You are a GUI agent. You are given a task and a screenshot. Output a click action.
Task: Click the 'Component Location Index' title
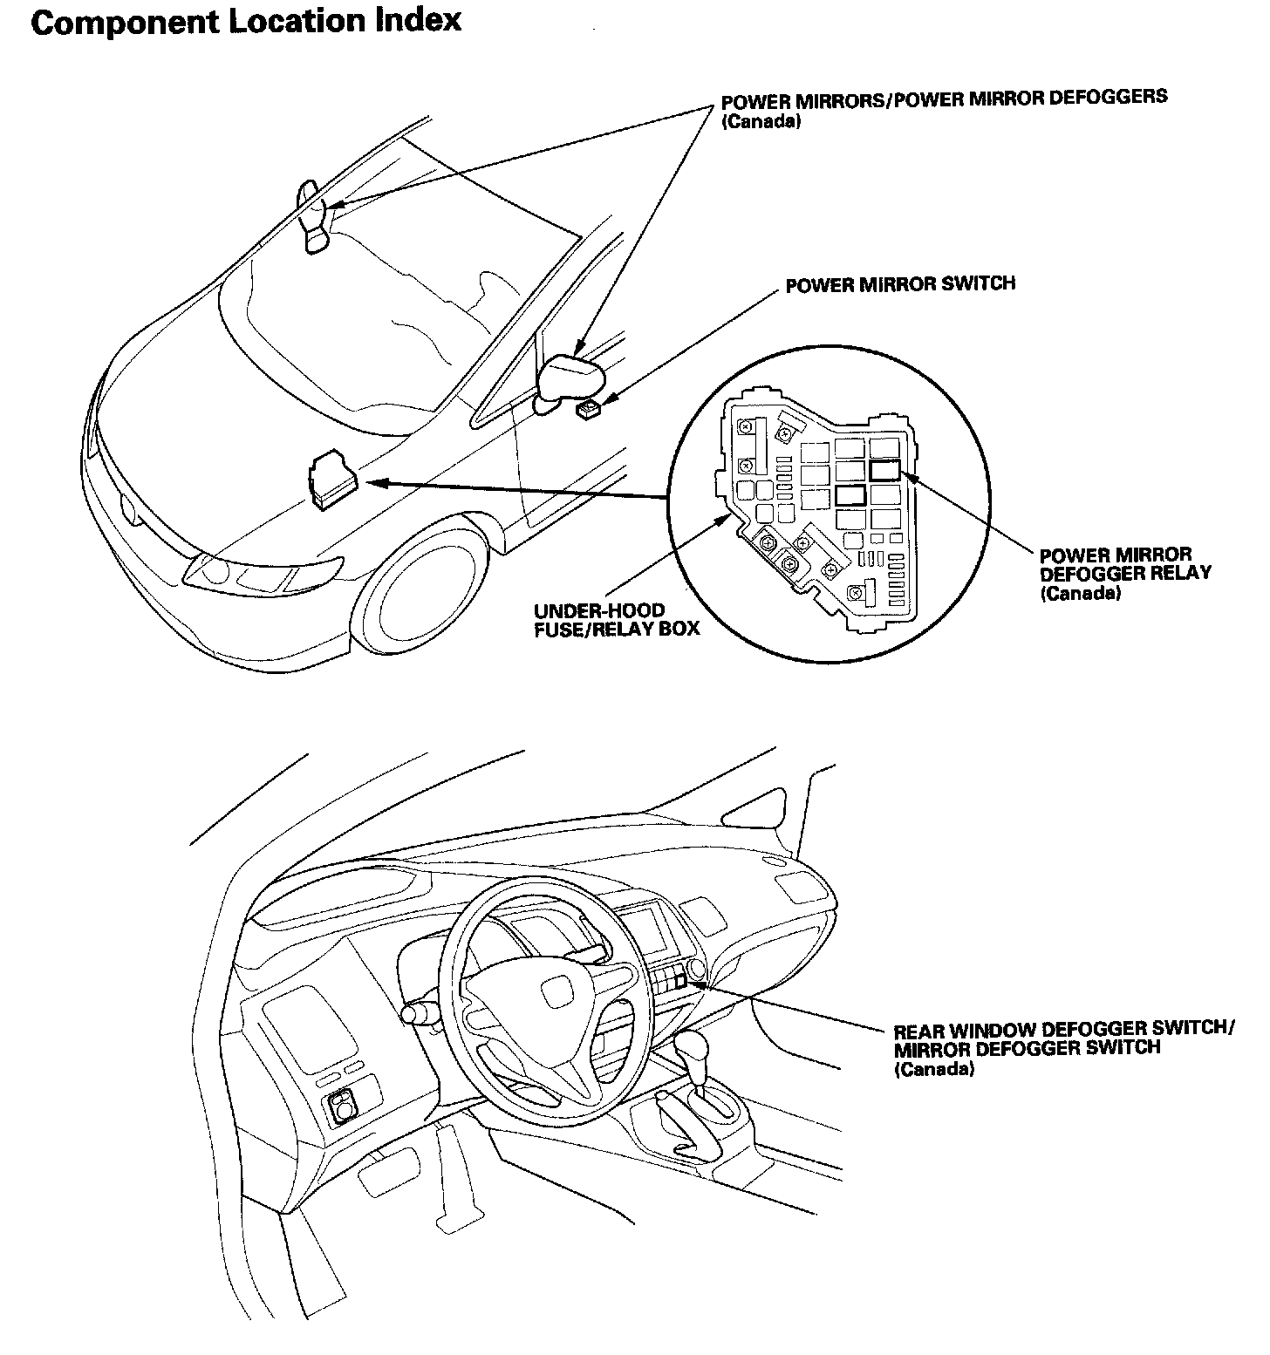[x=246, y=22]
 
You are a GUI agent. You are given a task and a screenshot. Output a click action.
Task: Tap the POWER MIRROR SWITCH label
[x=899, y=284]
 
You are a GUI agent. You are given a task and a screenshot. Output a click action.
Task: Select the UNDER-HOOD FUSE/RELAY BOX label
[x=617, y=619]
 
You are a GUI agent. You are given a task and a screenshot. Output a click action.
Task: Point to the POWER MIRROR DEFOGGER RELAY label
[x=1124, y=574]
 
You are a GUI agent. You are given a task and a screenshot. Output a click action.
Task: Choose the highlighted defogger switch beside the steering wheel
[x=680, y=982]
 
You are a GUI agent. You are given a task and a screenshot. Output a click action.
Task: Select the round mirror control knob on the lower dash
[x=342, y=1107]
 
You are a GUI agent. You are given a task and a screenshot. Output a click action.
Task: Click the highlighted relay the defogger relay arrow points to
[x=884, y=470]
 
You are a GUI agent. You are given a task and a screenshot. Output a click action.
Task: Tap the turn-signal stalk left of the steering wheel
[x=419, y=1013]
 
